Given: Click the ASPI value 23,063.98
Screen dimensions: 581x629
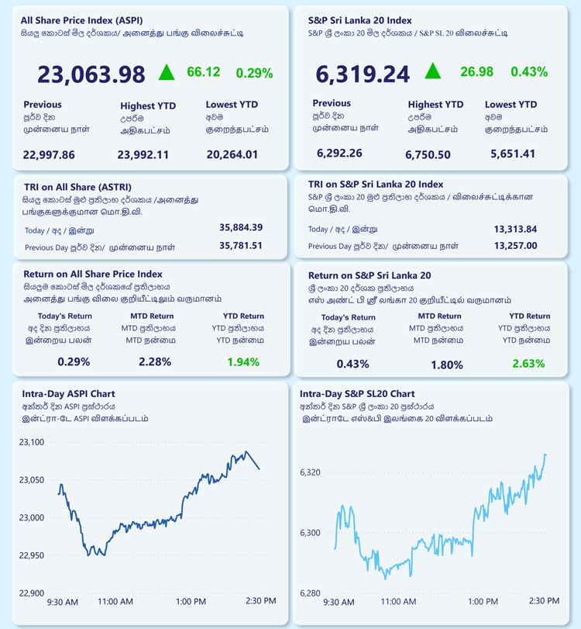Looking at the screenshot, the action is coord(91,74).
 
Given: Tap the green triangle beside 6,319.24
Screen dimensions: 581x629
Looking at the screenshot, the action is coord(433,71).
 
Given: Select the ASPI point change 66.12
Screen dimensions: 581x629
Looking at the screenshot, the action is coord(204,72).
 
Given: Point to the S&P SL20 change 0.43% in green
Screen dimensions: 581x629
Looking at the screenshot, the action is coord(529,72).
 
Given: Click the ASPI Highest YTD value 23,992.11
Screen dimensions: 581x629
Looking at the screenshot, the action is coord(143,155).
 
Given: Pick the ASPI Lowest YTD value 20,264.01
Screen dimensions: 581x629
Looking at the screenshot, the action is coord(232,154).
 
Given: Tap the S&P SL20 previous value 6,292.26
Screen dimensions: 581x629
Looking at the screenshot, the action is coord(339,154).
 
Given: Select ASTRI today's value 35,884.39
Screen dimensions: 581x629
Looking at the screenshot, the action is coord(241,227).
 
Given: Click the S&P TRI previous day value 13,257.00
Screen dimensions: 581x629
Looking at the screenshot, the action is coord(515,246).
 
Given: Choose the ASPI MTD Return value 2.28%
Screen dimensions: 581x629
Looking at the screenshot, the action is coord(155,362).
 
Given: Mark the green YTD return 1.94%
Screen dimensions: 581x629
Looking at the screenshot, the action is coord(243,362).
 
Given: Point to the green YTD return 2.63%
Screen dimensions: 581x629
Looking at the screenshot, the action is coord(528,364).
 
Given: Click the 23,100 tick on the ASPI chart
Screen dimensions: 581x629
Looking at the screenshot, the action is coord(32,442).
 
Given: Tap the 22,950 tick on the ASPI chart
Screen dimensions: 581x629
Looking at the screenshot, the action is coord(32,555).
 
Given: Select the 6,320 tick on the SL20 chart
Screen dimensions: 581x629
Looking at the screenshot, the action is coord(311,472).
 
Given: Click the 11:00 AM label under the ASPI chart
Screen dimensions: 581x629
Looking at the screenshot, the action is coord(115,602).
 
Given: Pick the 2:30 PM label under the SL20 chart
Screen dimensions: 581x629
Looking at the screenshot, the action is coord(544,601).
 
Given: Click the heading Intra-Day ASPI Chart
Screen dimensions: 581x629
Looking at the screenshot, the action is coord(68,394).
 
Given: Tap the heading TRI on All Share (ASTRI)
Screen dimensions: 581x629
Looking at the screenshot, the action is coord(77,188).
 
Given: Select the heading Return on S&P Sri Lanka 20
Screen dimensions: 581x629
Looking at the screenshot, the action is coord(370,275).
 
